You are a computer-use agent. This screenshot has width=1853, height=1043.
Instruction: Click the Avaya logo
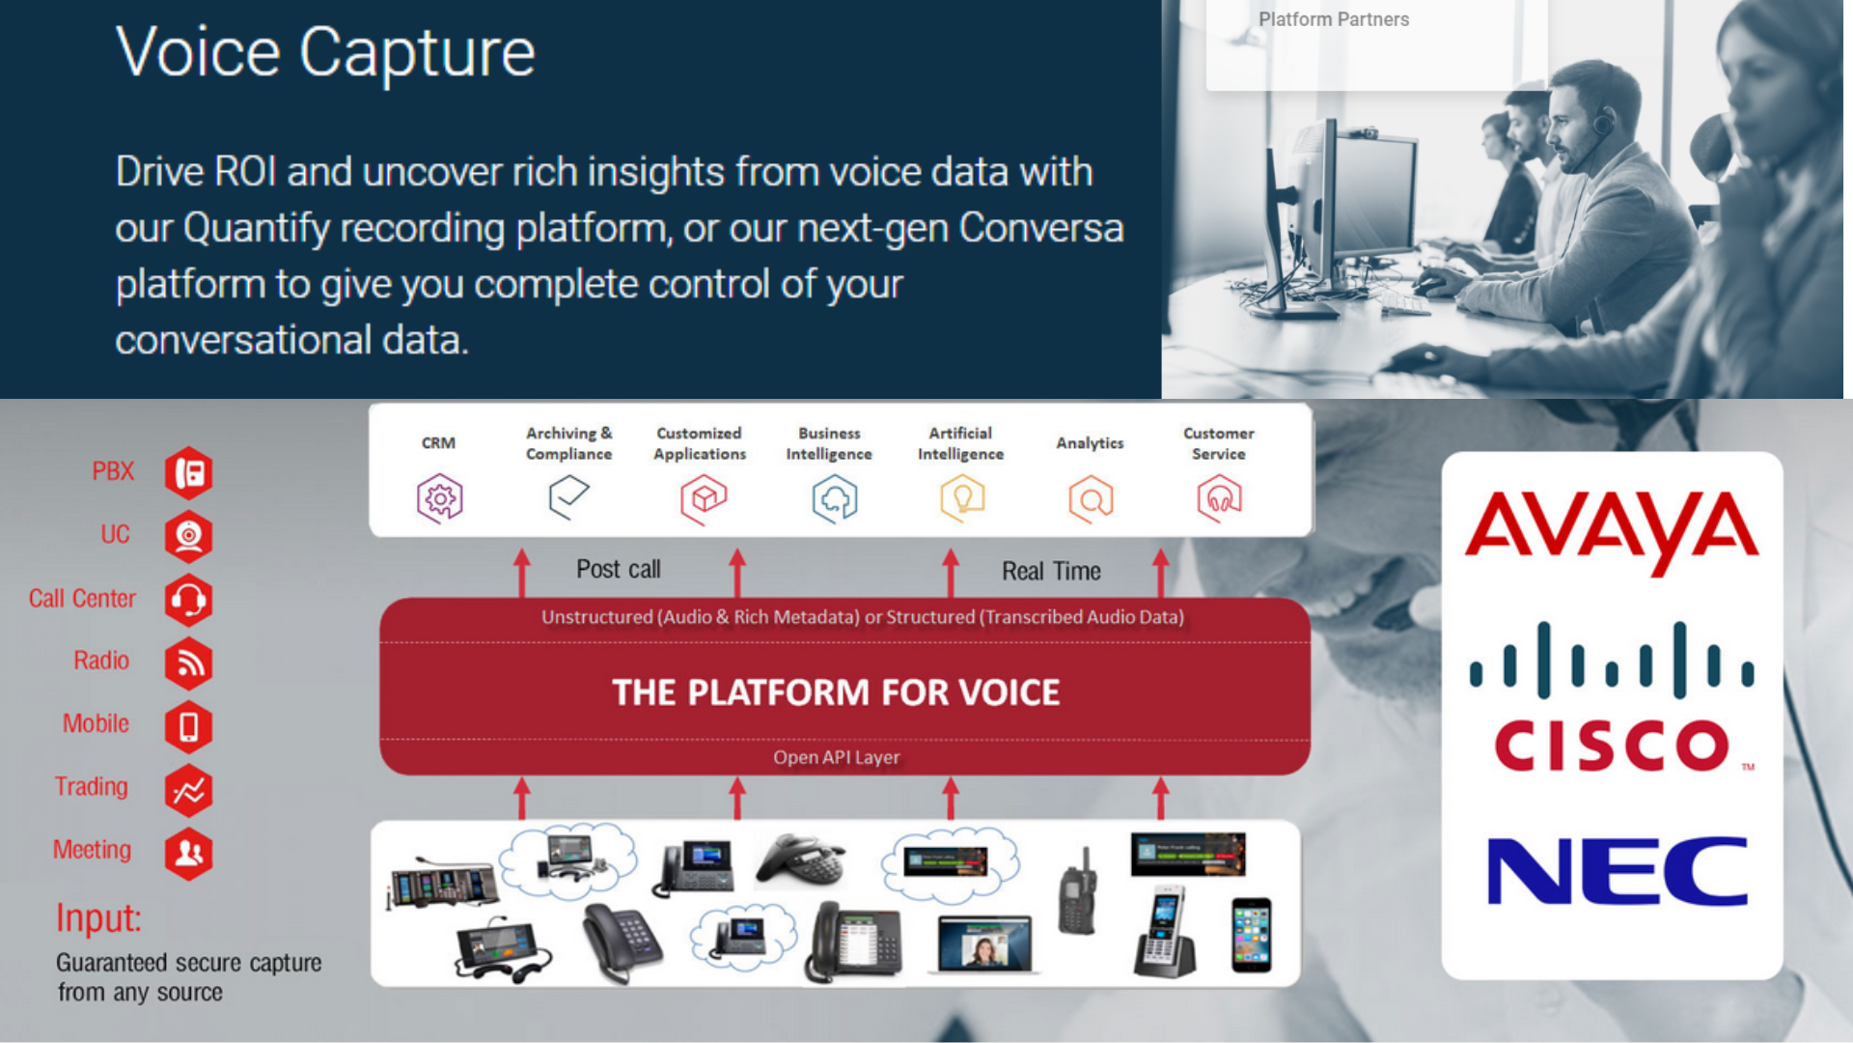(x=1612, y=532)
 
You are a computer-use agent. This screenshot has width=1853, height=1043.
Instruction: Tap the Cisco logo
(x=1612, y=697)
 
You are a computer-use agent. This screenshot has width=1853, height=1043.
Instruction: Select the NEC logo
(x=1618, y=871)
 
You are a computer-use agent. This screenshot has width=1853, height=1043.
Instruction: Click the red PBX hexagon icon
(x=188, y=473)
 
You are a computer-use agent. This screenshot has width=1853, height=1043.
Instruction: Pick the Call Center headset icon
(x=188, y=600)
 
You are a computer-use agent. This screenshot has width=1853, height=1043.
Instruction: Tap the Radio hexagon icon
(x=188, y=663)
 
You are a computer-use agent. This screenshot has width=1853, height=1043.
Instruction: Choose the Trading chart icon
(x=188, y=791)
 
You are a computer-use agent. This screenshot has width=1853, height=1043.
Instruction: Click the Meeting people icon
(x=188, y=854)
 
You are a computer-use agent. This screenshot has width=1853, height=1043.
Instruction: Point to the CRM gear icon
(x=440, y=498)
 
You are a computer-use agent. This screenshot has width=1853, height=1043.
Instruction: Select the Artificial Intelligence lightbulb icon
(x=962, y=498)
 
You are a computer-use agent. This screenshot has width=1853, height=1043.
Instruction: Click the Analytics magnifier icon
(x=1092, y=499)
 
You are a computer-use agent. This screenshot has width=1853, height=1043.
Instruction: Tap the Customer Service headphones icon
(x=1220, y=498)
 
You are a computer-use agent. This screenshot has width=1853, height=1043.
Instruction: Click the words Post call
(x=619, y=570)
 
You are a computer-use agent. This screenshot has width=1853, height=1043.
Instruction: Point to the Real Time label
(x=1051, y=572)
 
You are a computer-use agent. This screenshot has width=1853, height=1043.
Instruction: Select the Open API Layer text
(x=837, y=758)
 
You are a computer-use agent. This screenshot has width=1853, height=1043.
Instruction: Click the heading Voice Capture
(x=325, y=54)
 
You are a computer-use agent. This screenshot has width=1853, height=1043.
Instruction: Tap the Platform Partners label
(x=1334, y=19)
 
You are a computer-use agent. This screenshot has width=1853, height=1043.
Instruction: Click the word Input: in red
(x=98, y=917)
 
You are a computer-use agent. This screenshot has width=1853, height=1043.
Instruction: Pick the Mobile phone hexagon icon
(x=188, y=727)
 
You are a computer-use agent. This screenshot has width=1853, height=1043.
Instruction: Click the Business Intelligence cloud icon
(x=835, y=499)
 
